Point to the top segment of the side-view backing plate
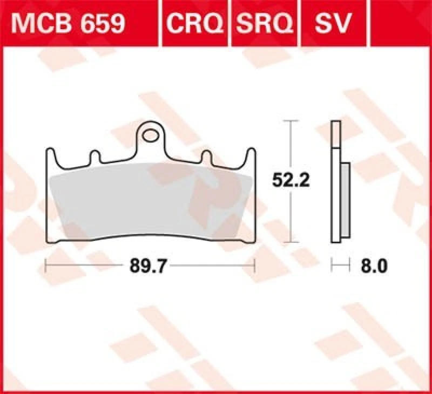pyautogui.click(x=335, y=135)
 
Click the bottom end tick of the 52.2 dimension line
pyautogui.click(x=292, y=242)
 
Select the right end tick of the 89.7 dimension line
pyautogui.click(x=254, y=266)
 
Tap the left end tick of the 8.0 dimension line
pyautogui.click(x=332, y=266)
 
